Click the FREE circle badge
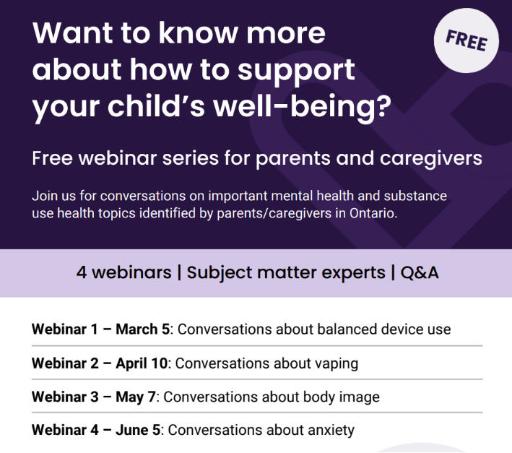466,41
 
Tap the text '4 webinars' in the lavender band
123,272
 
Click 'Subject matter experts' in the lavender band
286,272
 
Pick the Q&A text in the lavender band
420,272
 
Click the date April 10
141,363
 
